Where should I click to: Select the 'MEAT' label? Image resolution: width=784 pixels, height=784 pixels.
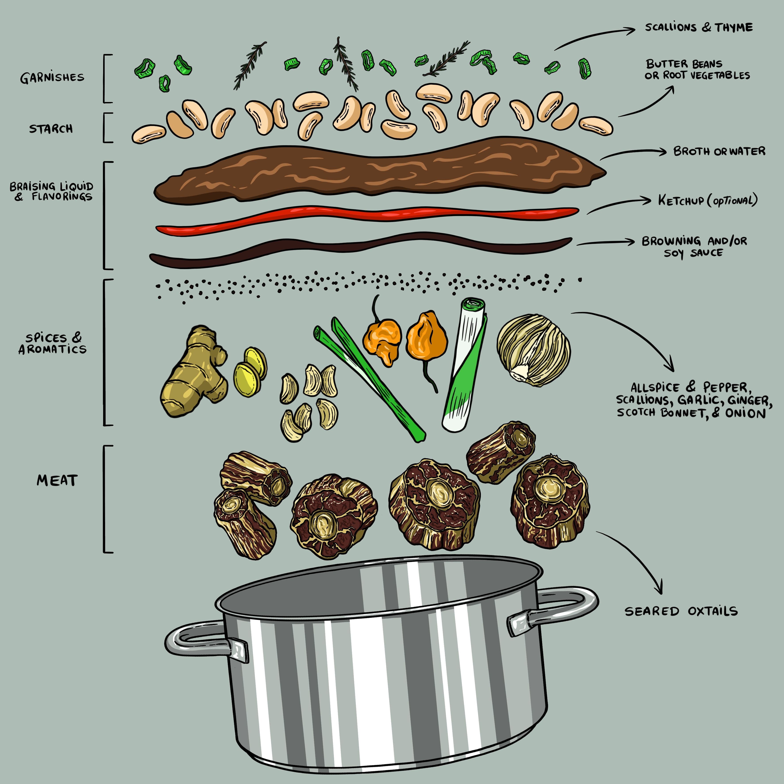(x=57, y=480)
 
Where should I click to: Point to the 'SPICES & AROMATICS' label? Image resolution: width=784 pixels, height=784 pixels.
(x=53, y=343)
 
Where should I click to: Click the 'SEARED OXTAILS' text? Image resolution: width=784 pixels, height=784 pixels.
(x=681, y=611)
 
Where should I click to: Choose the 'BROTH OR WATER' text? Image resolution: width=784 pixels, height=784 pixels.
(x=719, y=151)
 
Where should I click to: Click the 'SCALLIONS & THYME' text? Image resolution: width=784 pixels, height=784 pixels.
(x=699, y=28)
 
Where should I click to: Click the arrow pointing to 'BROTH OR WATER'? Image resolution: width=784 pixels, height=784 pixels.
(x=633, y=153)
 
